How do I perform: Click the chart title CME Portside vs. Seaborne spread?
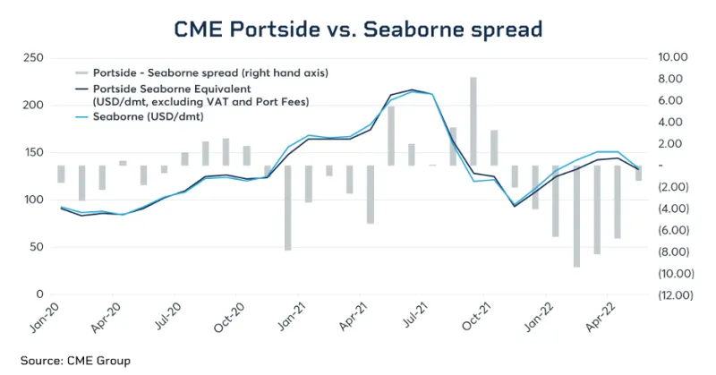358,29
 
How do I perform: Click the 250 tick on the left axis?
34,57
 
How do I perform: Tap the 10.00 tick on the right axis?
671,57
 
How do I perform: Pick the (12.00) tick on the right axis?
672,294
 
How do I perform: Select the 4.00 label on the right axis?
673,122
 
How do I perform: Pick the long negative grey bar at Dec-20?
288,208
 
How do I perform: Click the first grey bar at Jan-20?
62,174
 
